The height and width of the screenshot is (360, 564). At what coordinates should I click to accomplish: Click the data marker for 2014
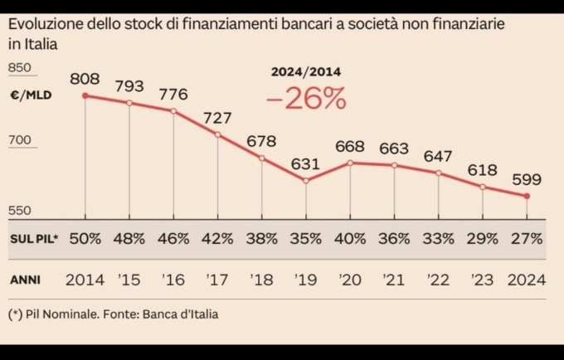85,96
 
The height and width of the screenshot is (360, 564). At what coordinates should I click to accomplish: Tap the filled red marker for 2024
527,197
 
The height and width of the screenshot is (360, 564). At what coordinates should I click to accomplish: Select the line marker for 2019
306,181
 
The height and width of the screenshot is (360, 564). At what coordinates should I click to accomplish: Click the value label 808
85,80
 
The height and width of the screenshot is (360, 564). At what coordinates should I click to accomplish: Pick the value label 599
527,179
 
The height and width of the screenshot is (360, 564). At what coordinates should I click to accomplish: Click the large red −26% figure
306,100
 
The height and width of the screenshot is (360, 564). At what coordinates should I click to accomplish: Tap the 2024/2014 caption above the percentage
306,72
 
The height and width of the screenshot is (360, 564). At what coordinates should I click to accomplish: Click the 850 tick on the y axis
20,68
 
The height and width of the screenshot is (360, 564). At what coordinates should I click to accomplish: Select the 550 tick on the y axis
20,211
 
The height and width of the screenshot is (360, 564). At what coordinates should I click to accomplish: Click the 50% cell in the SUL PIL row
85,239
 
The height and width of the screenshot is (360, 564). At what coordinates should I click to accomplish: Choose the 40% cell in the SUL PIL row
349,239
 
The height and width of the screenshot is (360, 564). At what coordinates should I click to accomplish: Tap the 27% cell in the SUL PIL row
527,239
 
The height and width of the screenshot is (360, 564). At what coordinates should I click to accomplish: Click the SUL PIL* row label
34,239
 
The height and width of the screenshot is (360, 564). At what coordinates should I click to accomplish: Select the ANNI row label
26,280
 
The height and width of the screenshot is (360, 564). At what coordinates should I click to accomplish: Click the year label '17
217,280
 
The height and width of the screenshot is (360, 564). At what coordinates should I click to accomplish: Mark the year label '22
437,280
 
